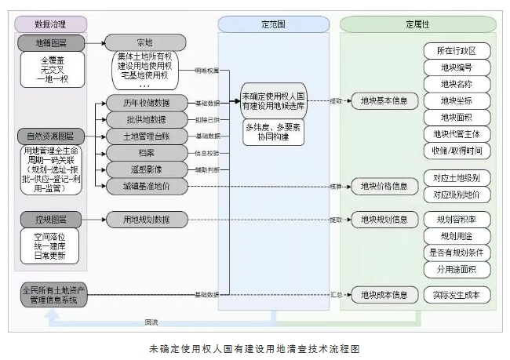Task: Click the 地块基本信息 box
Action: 383,101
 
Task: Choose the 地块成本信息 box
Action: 383,295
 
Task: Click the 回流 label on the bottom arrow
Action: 151,322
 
